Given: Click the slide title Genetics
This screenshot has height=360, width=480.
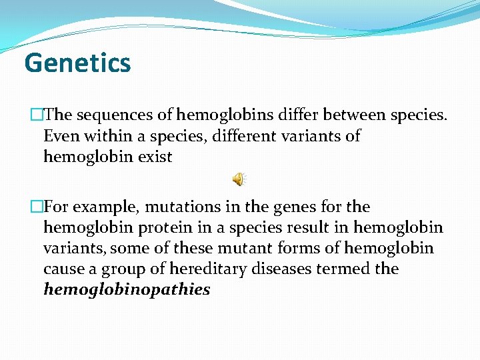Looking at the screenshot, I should tap(77, 63).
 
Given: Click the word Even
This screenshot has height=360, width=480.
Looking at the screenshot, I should tap(59, 136).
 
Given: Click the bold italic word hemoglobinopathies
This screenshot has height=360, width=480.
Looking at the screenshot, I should tap(127, 290).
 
